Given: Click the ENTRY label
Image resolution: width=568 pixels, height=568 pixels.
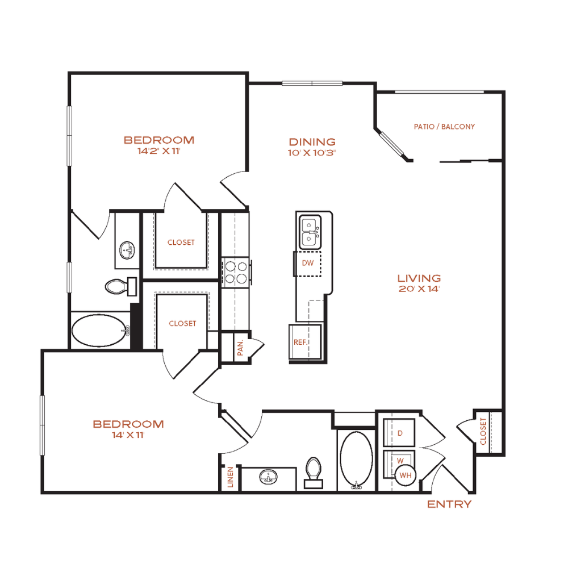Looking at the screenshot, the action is [x=449, y=504].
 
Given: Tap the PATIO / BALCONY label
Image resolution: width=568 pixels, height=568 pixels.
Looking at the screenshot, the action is [x=444, y=127].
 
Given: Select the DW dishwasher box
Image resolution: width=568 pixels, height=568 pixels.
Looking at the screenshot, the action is [x=307, y=264].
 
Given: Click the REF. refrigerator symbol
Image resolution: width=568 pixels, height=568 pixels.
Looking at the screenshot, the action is [x=305, y=342].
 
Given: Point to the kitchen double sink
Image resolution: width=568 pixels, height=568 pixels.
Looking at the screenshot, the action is [x=310, y=232].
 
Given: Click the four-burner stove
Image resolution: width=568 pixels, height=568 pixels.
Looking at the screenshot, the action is [x=236, y=273].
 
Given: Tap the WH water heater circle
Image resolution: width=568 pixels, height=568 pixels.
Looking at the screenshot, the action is [x=406, y=475].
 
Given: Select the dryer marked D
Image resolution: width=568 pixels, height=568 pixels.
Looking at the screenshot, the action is [x=399, y=433].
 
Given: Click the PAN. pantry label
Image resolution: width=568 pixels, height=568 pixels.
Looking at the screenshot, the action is [x=240, y=348].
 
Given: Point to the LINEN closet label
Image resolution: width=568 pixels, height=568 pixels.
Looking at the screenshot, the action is [x=231, y=477].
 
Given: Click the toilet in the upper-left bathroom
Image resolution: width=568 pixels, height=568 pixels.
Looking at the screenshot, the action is [x=120, y=286].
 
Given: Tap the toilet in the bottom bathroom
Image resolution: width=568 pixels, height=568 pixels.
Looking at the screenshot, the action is [x=314, y=473].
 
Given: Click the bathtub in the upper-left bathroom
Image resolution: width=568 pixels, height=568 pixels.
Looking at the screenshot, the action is [x=101, y=331].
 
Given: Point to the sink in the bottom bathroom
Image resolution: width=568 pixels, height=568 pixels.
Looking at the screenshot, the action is [x=269, y=477].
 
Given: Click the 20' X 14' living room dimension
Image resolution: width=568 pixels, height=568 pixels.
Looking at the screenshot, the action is [x=419, y=289].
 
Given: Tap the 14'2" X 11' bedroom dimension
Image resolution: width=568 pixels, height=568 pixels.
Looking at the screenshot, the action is [x=158, y=151].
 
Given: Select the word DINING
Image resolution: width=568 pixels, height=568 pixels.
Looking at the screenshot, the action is [x=312, y=141].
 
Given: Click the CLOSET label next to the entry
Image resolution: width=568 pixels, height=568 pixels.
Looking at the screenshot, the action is [x=483, y=431].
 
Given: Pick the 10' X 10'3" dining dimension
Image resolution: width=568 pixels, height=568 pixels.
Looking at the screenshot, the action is [x=311, y=152].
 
